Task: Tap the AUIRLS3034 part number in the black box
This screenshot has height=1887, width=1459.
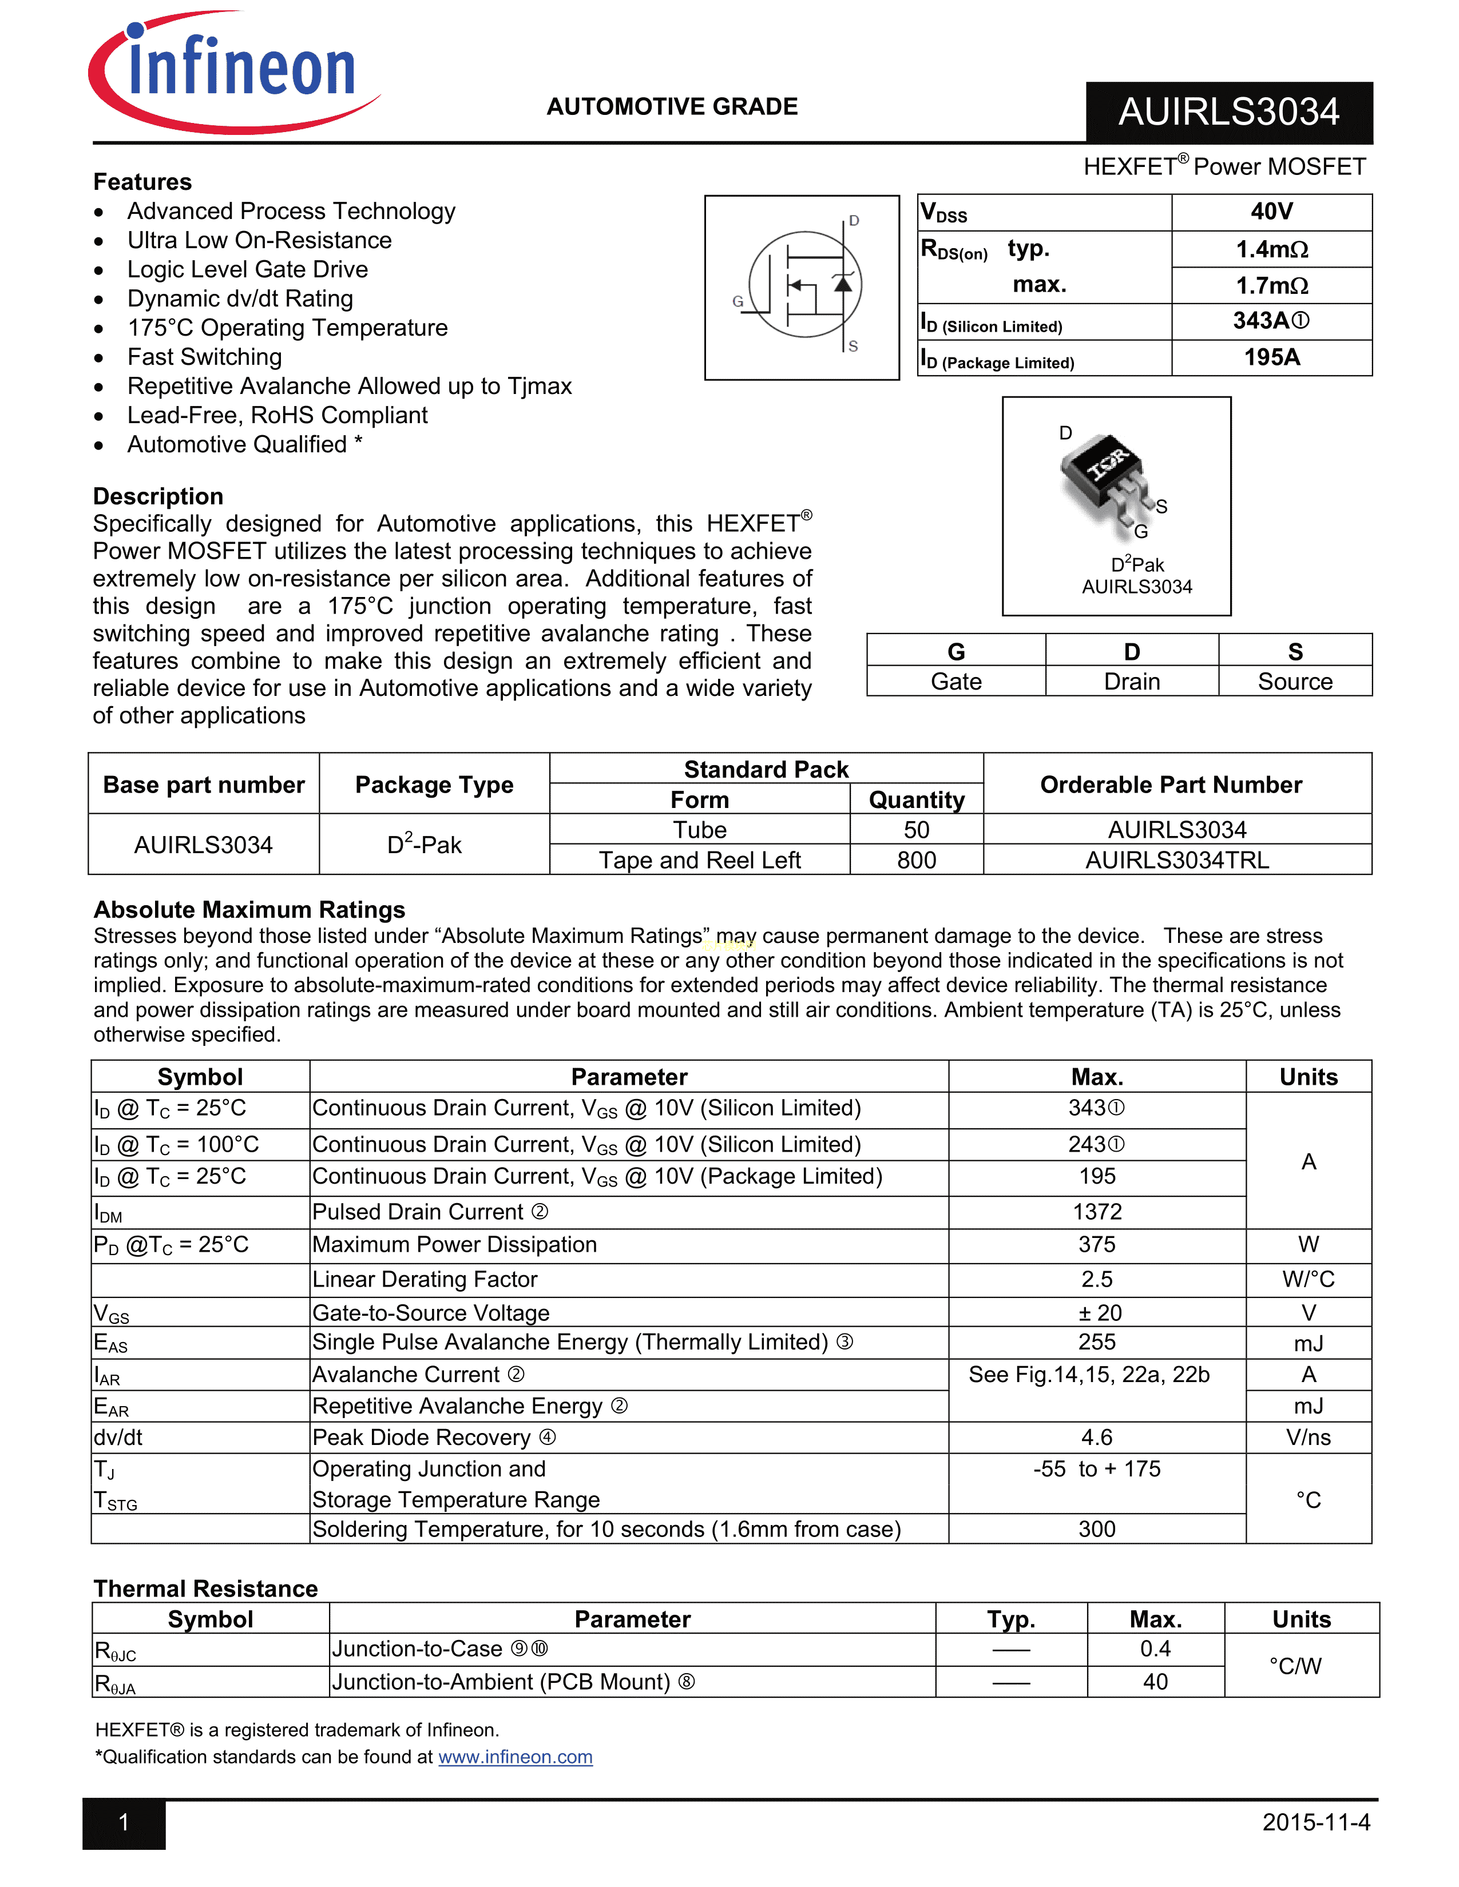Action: click(1228, 112)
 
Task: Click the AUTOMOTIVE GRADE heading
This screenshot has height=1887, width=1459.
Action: click(672, 106)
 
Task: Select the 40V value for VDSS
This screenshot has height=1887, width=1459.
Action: click(1271, 212)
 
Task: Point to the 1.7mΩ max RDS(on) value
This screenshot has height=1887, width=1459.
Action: click(1271, 285)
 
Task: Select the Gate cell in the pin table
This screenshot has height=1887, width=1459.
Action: click(956, 682)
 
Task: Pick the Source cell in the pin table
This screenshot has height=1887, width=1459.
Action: click(1295, 682)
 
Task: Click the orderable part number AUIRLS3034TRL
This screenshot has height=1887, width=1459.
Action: click(1177, 861)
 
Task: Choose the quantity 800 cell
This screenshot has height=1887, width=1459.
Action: click(916, 861)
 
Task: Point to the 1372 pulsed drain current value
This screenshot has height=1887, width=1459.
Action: click(1097, 1212)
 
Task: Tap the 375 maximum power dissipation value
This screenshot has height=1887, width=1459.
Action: click(1097, 1245)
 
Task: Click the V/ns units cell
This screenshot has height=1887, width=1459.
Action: click(1308, 1438)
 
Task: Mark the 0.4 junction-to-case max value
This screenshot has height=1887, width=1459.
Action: click(1155, 1649)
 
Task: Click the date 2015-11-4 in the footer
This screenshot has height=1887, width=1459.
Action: click(1315, 1823)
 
